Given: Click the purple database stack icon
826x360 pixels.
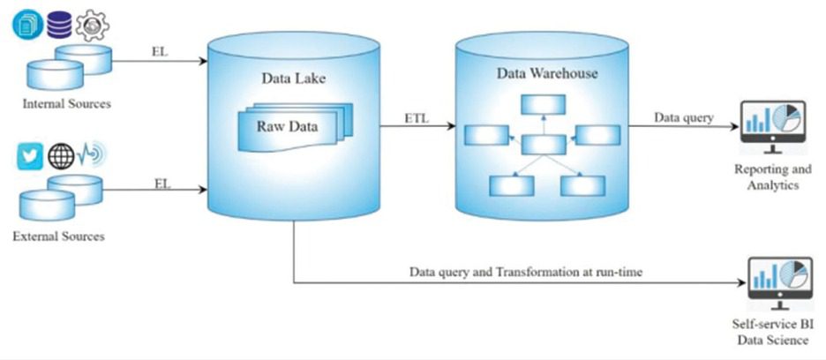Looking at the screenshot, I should tap(59, 24).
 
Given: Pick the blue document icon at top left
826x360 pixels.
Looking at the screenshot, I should tap(27, 24).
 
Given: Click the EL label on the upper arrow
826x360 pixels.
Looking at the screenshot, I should tap(159, 52).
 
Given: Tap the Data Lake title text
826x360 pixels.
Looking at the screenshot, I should tap(293, 79).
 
